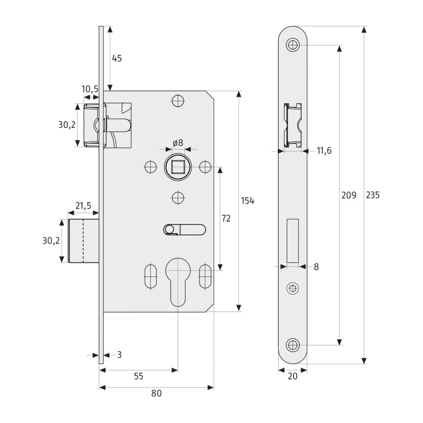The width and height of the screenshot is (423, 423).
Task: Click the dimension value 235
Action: (x=373, y=195)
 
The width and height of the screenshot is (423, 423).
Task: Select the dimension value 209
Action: (x=349, y=195)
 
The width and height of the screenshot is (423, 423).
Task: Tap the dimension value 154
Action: (x=248, y=201)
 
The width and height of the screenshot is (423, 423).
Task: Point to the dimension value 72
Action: (x=226, y=218)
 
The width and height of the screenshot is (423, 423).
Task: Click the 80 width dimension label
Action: (x=156, y=393)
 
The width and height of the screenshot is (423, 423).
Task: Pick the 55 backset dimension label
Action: (x=139, y=376)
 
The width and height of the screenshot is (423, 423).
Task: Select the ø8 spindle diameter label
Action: (x=178, y=143)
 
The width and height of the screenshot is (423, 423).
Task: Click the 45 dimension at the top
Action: (x=117, y=58)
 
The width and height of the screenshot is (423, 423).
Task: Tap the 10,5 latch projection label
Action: (x=90, y=89)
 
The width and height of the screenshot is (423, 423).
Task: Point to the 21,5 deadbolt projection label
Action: (x=83, y=206)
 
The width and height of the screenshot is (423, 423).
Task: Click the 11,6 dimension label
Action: (x=324, y=151)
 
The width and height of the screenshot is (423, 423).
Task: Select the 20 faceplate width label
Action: (x=292, y=376)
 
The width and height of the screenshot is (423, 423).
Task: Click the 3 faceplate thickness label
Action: (x=119, y=354)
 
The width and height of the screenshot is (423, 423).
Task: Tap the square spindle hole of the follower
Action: (x=178, y=167)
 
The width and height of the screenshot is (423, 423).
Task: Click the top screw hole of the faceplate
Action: (x=292, y=45)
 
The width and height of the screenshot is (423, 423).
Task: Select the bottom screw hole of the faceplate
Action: (x=292, y=345)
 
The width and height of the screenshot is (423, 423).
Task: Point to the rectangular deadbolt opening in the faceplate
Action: (x=293, y=241)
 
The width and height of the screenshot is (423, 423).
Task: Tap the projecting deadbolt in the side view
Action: (x=84, y=241)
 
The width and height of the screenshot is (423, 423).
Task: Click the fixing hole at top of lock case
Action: (x=178, y=101)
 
